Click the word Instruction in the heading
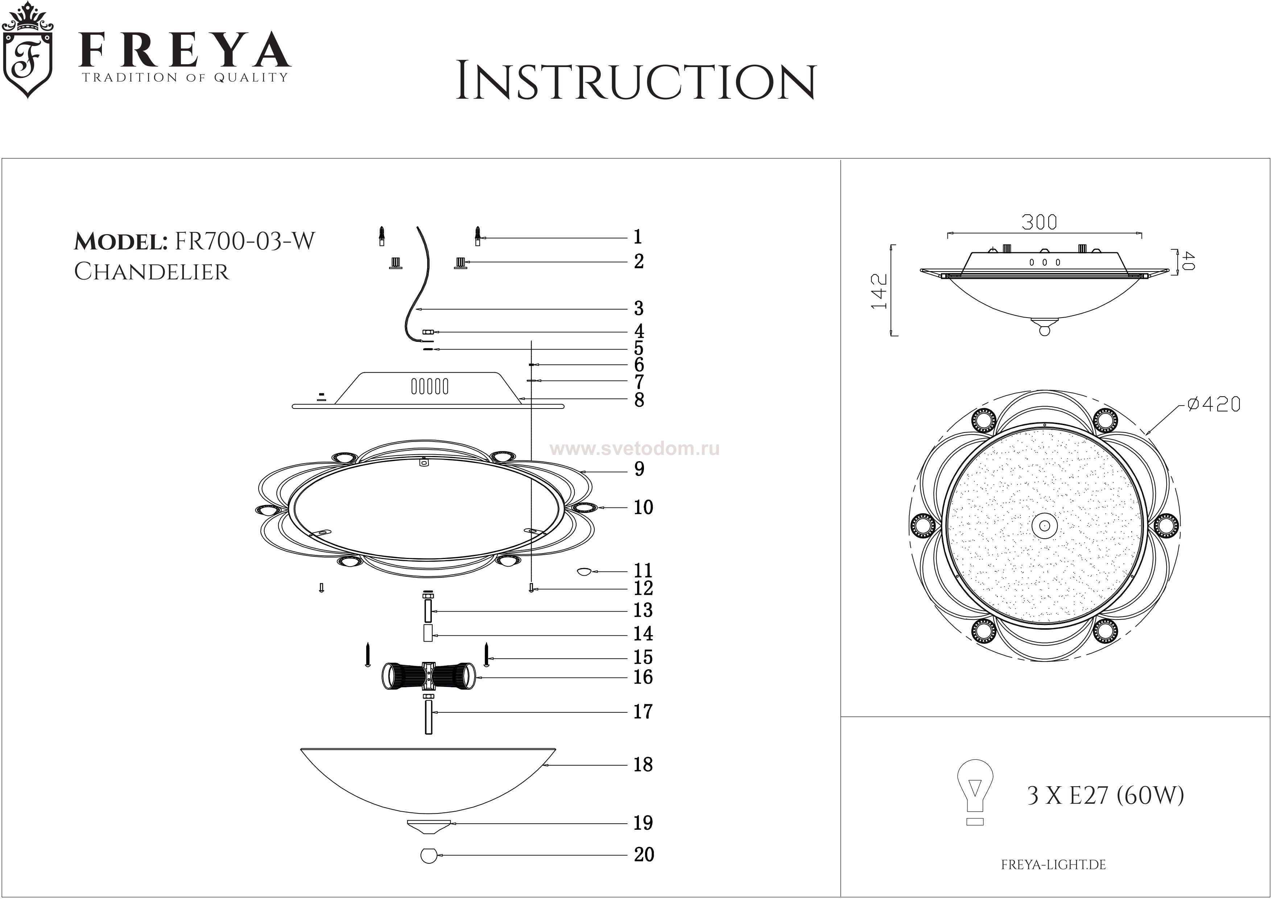(635, 82)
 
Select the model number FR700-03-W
(245, 241)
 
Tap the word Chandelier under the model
(151, 272)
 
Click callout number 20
(644, 855)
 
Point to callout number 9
(639, 469)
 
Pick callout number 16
(643, 677)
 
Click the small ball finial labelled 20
(428, 856)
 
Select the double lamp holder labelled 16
(428, 676)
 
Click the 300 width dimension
(1039, 223)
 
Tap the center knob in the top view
(1044, 526)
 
